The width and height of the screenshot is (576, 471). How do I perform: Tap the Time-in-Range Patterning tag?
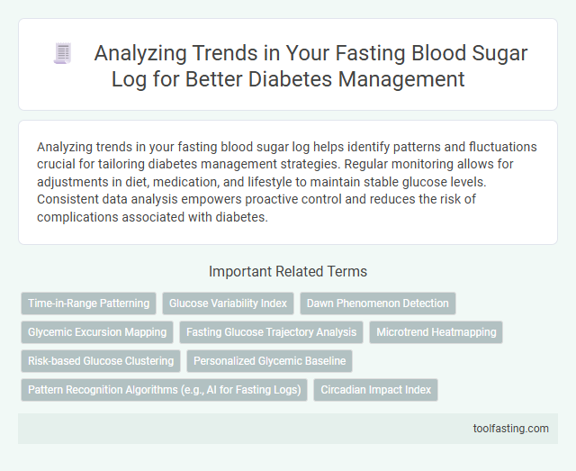[89, 303]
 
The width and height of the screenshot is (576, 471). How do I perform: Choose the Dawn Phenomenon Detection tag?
[378, 303]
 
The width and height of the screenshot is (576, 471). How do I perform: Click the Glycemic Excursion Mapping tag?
[97, 332]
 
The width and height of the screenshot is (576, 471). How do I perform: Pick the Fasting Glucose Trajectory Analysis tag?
[271, 332]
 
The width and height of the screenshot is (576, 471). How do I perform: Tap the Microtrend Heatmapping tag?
[436, 332]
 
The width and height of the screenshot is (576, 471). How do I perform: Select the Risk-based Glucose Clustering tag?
[101, 361]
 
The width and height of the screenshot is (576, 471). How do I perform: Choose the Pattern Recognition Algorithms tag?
[164, 391]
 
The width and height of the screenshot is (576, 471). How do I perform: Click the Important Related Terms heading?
[287, 271]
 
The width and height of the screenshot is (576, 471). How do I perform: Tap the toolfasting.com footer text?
[510, 428]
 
